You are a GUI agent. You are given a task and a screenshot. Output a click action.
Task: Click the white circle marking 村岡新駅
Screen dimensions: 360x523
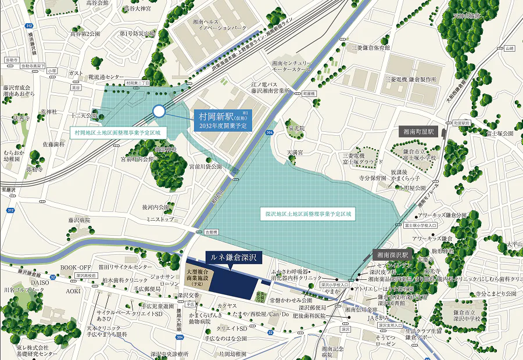(x=159, y=111)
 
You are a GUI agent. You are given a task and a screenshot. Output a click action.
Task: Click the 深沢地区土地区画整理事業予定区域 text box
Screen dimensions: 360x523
(x=308, y=214)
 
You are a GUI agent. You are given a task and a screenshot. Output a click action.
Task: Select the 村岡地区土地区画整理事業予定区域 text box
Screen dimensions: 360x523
(x=117, y=133)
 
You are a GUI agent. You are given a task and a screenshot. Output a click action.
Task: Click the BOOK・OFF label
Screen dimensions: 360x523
(x=76, y=267)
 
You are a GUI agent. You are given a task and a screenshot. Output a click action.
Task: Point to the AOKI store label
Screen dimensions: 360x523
(x=73, y=290)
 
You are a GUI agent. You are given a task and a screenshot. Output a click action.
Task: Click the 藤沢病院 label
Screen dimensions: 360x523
(x=79, y=221)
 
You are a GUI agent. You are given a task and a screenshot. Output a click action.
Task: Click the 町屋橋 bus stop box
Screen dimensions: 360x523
(x=309, y=93)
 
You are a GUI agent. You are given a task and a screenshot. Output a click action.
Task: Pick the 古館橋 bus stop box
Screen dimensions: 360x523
(x=210, y=232)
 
